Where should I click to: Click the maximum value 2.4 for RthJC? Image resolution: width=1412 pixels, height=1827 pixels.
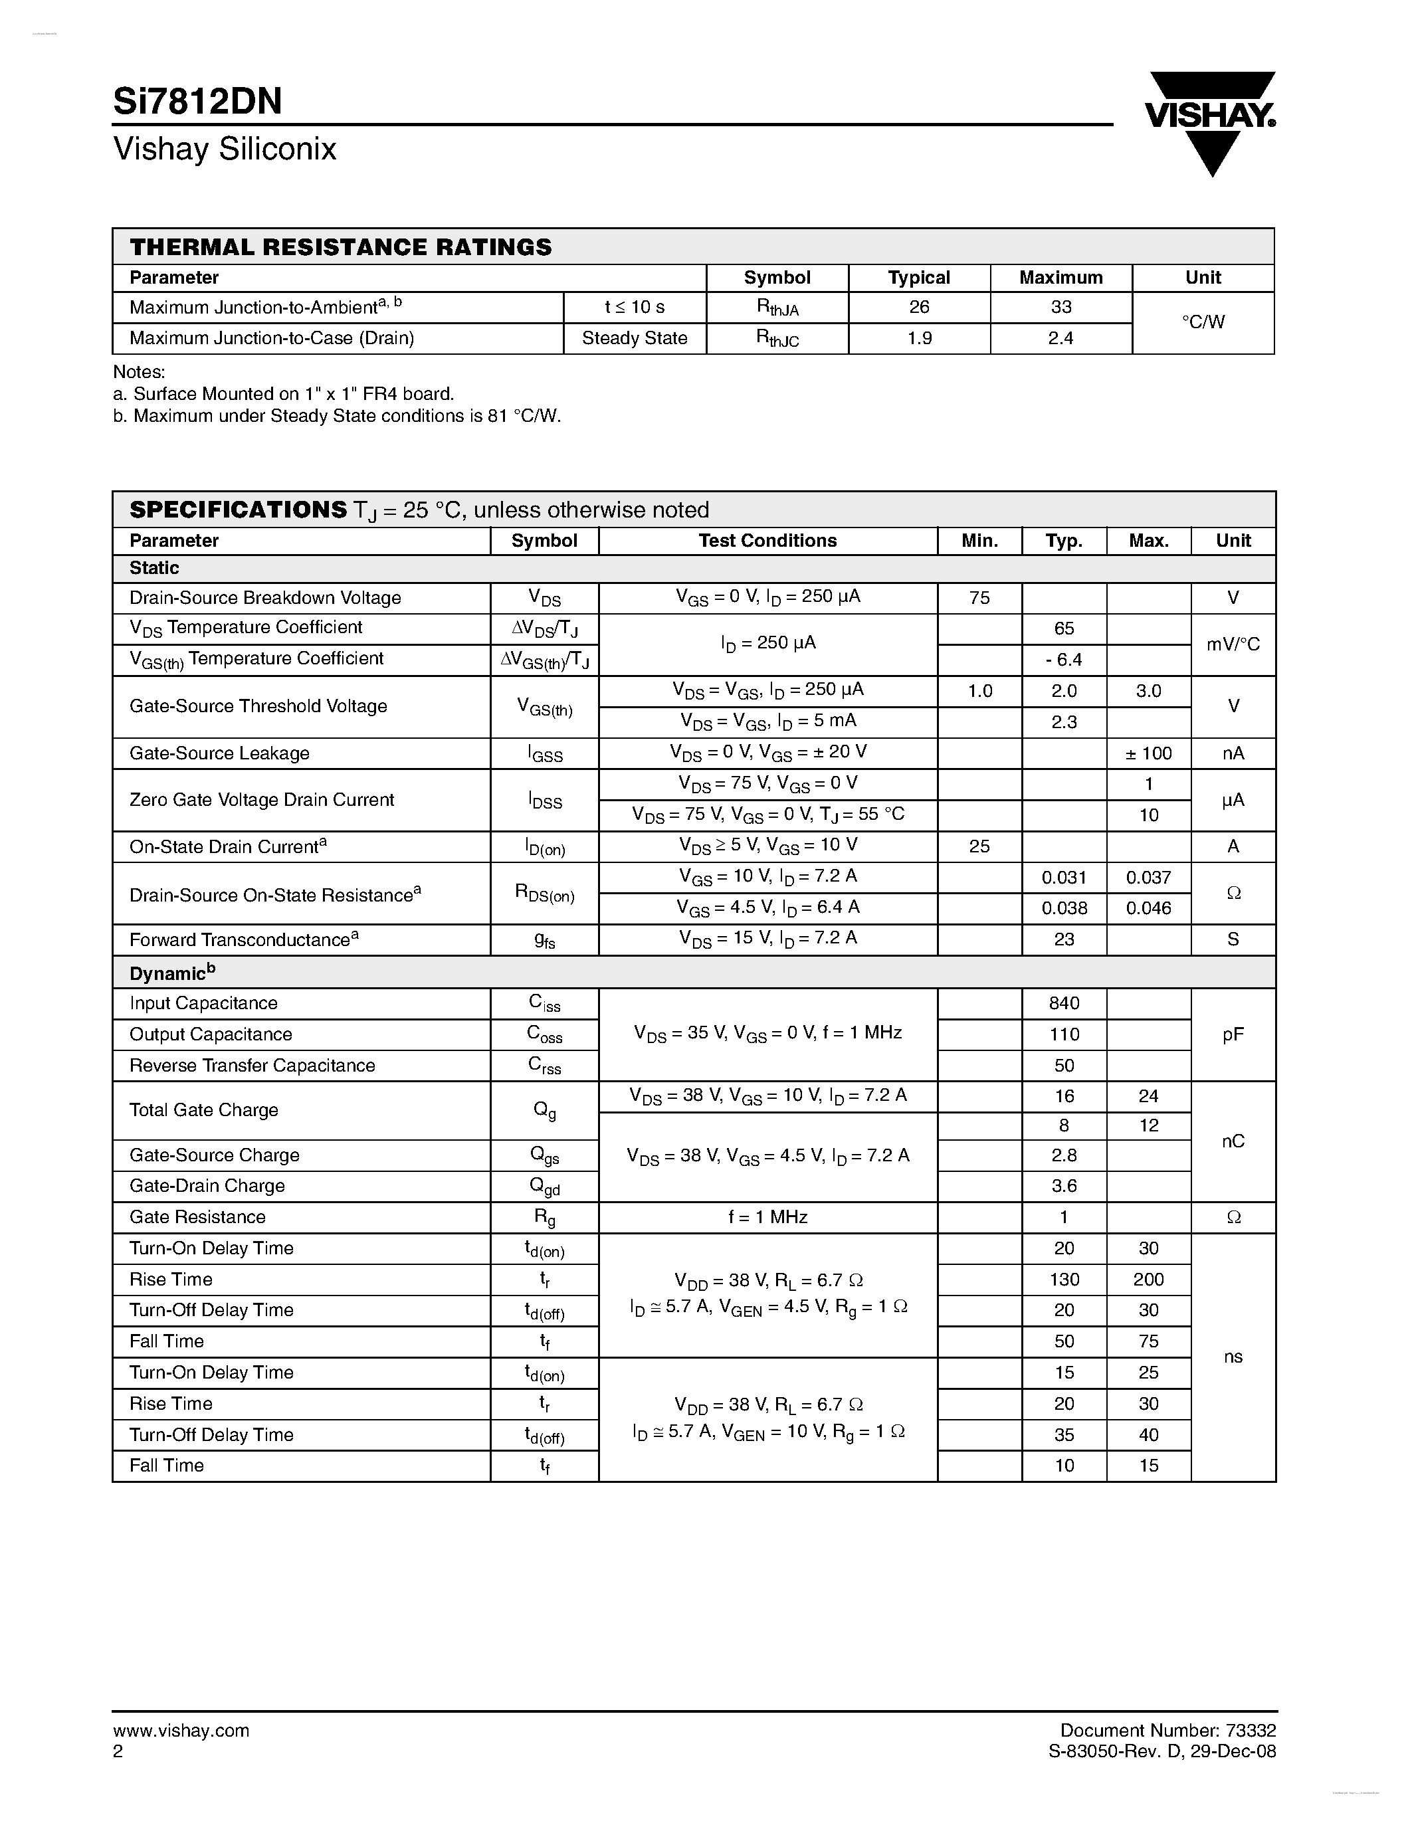[x=1060, y=338]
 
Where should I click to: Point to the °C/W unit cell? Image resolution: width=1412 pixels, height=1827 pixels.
[x=1202, y=322]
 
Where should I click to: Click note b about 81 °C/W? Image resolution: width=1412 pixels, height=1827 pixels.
[x=336, y=416]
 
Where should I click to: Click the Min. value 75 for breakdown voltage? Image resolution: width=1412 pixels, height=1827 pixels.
[x=979, y=597]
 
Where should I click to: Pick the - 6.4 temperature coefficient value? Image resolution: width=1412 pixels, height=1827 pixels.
[x=1063, y=660]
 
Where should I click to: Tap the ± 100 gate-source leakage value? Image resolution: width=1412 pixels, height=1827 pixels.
[x=1148, y=753]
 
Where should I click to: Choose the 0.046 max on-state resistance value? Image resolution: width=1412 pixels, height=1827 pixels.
[x=1148, y=908]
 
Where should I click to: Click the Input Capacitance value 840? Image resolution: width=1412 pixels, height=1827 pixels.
[x=1063, y=1003]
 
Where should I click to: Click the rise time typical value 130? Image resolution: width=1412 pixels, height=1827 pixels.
[x=1063, y=1279]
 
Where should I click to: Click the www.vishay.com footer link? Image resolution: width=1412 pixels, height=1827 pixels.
[x=181, y=1731]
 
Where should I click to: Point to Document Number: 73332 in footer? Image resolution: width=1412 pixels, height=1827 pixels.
[x=1167, y=1730]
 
